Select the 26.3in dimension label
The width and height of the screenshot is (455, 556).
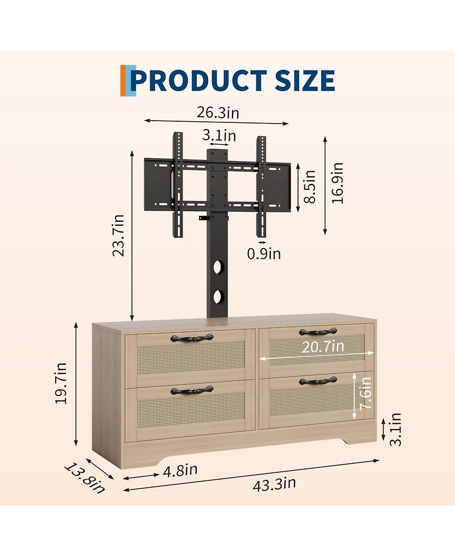218,112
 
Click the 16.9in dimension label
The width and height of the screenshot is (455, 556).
338,183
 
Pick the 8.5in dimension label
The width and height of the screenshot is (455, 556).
309,186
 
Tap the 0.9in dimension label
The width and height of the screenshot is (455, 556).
264,254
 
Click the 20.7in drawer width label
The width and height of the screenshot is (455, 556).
322,347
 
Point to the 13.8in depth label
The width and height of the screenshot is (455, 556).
85,477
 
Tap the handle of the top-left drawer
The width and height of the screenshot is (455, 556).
192,338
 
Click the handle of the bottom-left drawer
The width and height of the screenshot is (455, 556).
192,390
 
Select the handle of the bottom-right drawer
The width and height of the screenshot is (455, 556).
318,380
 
